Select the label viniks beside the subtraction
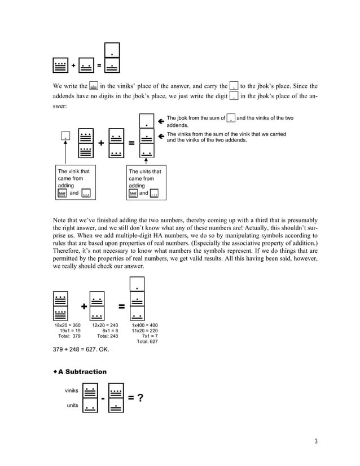pos(72,390)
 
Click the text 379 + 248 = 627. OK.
pos(81,350)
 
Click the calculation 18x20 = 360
pos(68,326)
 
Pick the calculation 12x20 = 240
pos(105,326)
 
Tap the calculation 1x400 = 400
pos(144,326)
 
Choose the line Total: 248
pos(107,336)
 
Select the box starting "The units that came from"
pos(144,182)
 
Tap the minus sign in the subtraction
pos(103,399)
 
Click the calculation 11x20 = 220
pos(144,331)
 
